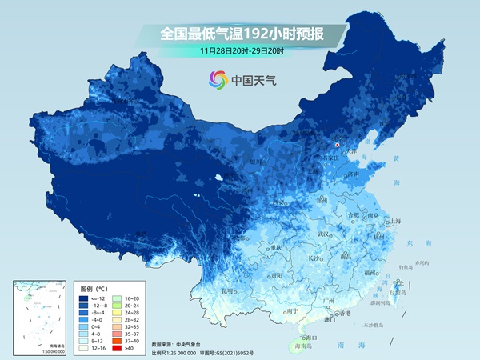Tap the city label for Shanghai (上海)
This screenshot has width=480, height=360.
pyautogui.click(x=395, y=221)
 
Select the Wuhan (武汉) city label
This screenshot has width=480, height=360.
pyautogui.click(x=323, y=234)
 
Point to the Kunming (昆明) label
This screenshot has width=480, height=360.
pyautogui.click(x=229, y=290)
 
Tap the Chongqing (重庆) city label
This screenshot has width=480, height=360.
pyautogui.click(x=277, y=249)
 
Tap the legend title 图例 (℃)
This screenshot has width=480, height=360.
pyautogui.click(x=98, y=286)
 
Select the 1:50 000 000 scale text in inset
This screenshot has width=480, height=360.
pyautogui.click(x=30, y=352)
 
